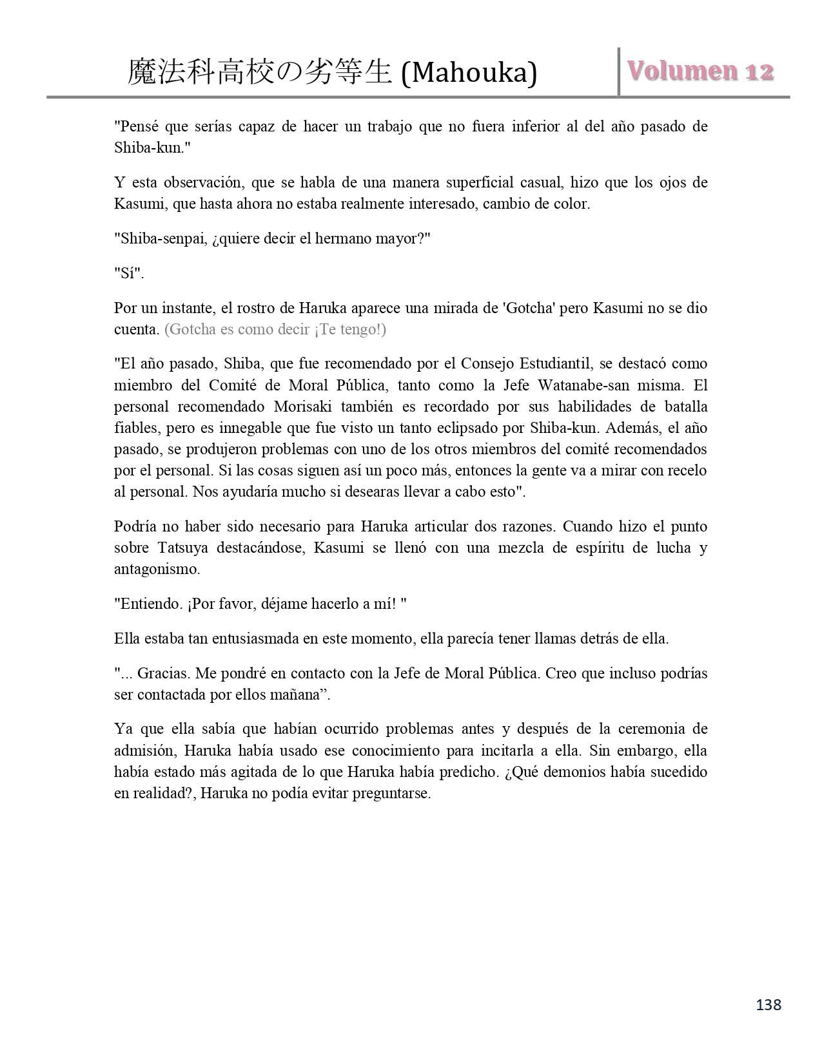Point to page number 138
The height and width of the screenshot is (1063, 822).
pos(768,1004)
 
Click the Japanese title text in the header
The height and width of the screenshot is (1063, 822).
pos(260,73)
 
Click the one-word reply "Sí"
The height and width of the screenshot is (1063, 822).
pos(129,273)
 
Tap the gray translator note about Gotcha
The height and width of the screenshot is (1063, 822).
pos(275,329)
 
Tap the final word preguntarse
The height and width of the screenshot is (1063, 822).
pos(391,792)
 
